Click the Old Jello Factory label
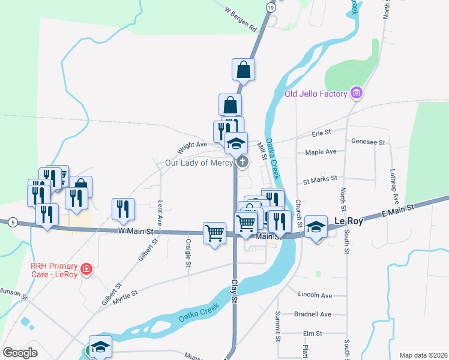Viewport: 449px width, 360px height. coord(316,94)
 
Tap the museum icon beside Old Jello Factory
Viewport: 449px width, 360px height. coord(357,93)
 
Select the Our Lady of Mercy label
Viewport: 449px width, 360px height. coord(199,163)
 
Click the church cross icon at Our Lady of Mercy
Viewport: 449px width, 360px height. coord(243,161)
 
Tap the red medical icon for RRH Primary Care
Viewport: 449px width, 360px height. coord(87,268)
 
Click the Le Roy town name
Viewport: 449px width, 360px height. coord(348,221)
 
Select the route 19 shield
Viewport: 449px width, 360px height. coord(271,7)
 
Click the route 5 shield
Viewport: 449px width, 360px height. coord(13,223)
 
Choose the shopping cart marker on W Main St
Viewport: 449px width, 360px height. coord(214,232)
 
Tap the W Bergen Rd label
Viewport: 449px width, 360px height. coord(241,19)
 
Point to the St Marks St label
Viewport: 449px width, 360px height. coord(320,179)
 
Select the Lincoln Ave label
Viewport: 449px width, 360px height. coord(315,295)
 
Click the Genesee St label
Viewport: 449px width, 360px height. coord(369,142)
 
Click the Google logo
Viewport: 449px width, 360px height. coord(20,353)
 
